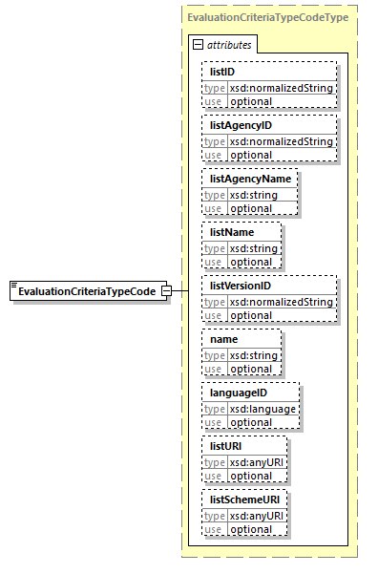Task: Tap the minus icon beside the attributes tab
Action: pyautogui.click(x=198, y=44)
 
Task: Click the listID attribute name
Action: pyautogui.click(x=223, y=72)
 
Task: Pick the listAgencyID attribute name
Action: pyautogui.click(x=241, y=125)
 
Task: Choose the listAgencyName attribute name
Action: pyautogui.click(x=250, y=179)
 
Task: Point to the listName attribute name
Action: pyautogui.click(x=232, y=232)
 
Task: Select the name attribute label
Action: pyautogui.click(x=224, y=339)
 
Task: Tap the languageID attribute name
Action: pyautogui.click(x=239, y=393)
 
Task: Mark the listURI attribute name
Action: pyautogui.click(x=227, y=446)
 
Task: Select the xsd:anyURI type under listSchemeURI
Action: pyautogui.click(x=255, y=516)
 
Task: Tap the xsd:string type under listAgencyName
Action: pyautogui.click(x=251, y=195)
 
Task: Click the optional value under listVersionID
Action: pyautogui.click(x=251, y=315)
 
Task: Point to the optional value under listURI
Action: pyautogui.click(x=251, y=476)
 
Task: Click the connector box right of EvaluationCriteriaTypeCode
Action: pyautogui.click(x=167, y=291)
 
